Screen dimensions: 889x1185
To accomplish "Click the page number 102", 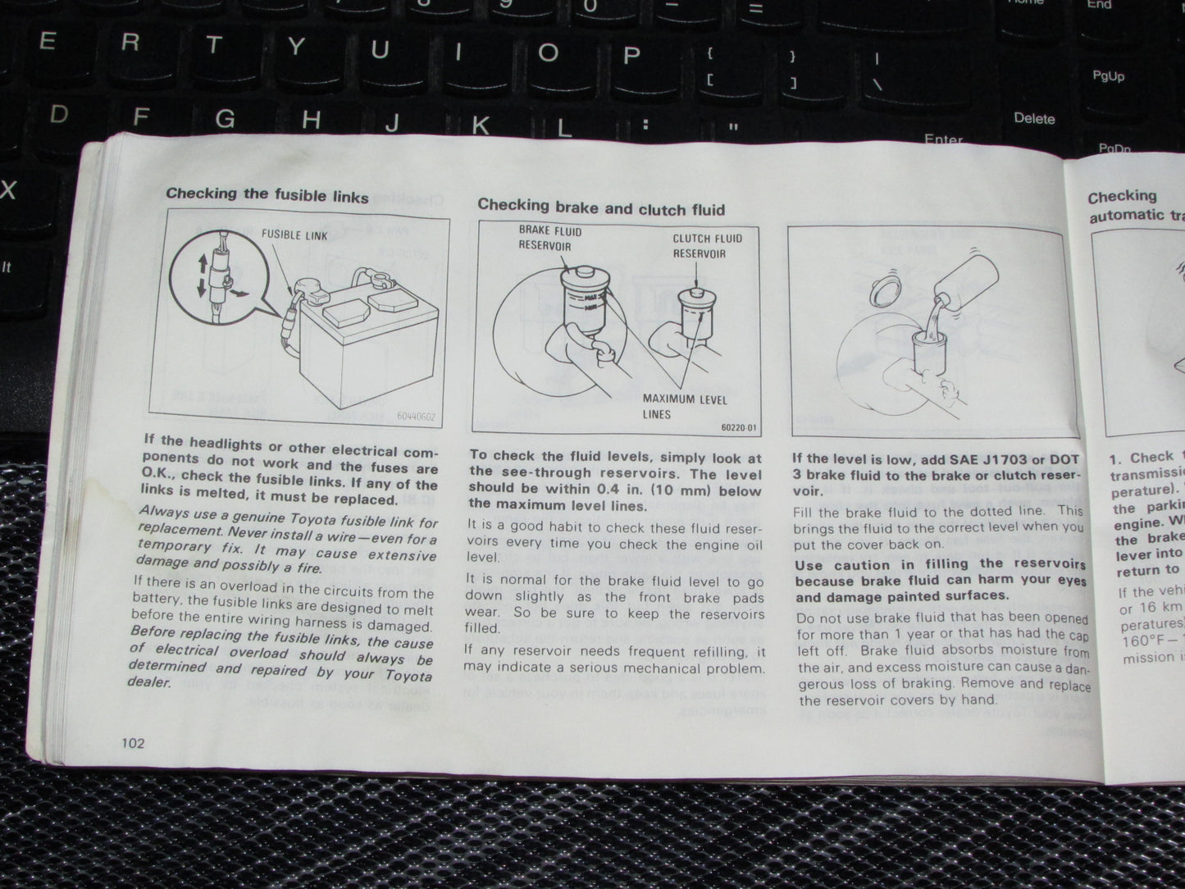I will tap(132, 743).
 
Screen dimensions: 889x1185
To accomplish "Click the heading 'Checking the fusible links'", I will tap(267, 195).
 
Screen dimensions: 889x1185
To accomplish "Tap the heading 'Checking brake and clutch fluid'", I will tap(601, 208).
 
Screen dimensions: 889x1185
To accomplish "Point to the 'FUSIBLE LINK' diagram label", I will tap(294, 235).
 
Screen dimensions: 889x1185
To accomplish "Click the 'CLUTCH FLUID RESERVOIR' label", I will tap(707, 246).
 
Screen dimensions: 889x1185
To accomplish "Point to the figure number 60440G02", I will tap(414, 417).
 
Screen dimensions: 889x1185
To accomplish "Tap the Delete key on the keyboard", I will tap(1034, 119).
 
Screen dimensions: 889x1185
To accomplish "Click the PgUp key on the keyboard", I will tap(1108, 76).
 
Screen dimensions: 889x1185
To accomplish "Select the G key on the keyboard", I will tap(225, 119).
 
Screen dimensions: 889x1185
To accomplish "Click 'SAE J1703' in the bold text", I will tap(988, 459).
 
